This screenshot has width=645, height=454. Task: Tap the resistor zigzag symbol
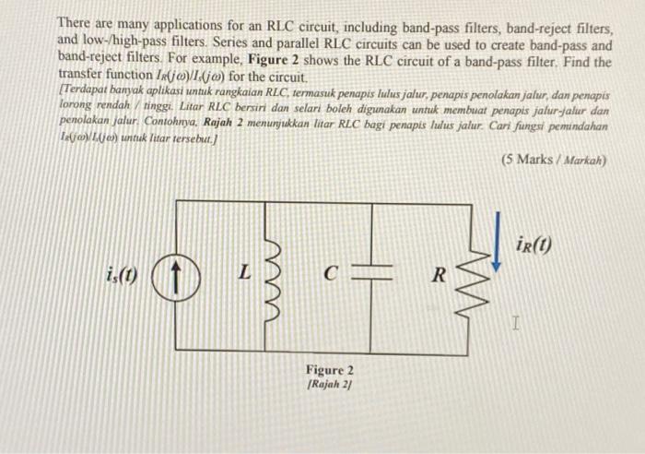[473, 274]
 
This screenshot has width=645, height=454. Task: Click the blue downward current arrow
[497, 243]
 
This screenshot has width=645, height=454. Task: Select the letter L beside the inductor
[243, 273]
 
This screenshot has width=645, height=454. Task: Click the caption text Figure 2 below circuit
[329, 369]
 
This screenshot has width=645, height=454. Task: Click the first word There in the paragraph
[75, 20]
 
